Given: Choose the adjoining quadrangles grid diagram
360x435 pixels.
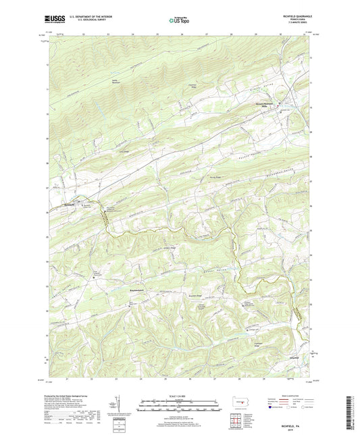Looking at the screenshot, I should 241,423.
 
